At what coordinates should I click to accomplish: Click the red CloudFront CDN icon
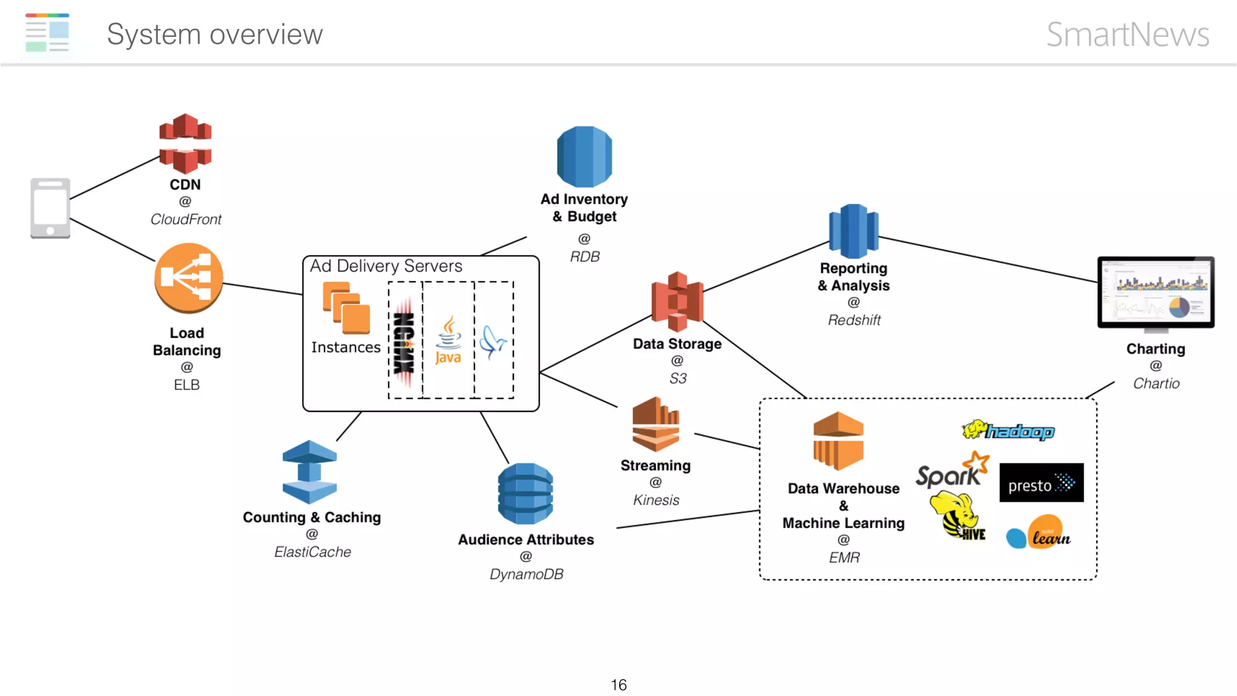point(185,143)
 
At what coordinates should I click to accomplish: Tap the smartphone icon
point(50,208)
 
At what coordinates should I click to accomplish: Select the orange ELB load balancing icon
point(188,278)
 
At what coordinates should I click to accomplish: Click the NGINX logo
point(404,342)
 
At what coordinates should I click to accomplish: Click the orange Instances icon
point(346,308)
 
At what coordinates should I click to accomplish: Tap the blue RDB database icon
point(584,156)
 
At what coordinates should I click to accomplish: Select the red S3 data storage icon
point(677,301)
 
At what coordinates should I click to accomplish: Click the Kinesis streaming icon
point(656,424)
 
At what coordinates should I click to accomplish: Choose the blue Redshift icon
point(853,231)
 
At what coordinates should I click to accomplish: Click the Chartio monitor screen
point(1155,292)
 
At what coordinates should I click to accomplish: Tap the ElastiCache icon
point(309,472)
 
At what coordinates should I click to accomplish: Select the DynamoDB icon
point(525,494)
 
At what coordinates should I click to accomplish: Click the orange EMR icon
point(838,440)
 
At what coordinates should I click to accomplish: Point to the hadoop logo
point(1008,431)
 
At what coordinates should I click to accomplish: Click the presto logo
point(1041,483)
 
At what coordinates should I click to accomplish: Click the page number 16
point(618,685)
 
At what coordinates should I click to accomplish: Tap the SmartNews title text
point(1127,34)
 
